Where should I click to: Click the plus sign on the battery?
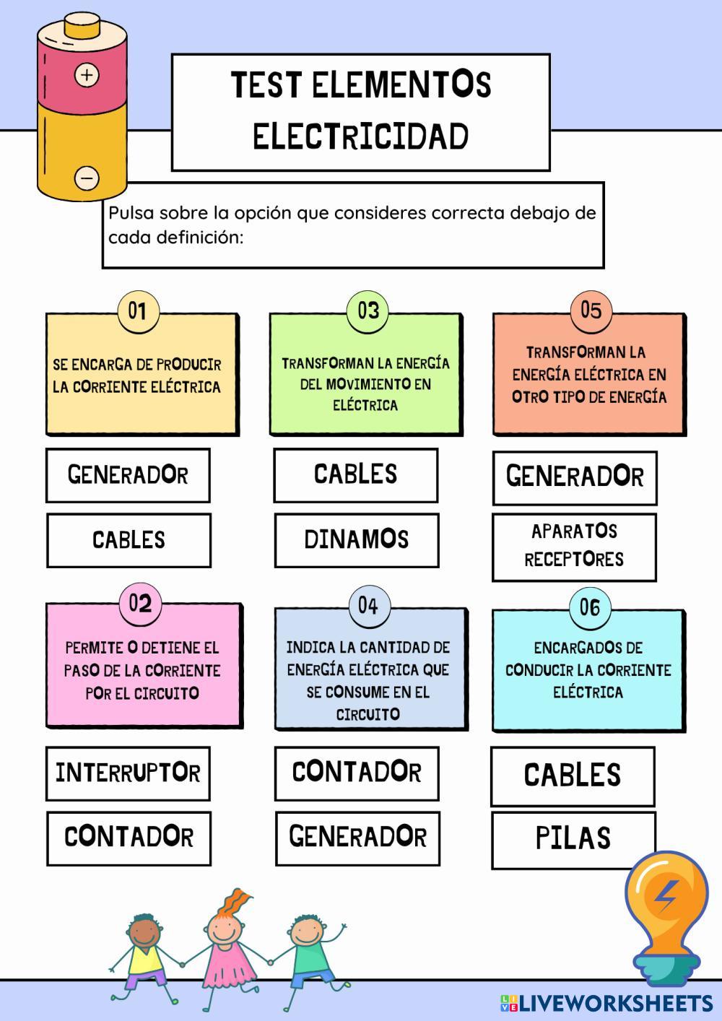[87, 74]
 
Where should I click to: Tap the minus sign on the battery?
[87, 177]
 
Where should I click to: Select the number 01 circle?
[137, 311]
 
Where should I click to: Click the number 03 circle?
[367, 310]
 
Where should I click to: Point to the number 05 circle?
[591, 310]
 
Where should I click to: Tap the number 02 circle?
[140, 603]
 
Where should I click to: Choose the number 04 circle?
[368, 605]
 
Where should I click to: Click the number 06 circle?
[590, 607]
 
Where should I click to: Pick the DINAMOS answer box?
[357, 540]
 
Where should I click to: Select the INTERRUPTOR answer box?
[128, 773]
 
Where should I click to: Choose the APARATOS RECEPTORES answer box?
[574, 547]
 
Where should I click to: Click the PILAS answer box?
[573, 839]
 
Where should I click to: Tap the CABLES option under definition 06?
[573, 775]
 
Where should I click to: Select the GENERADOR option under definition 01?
[128, 475]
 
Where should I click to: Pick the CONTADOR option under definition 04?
[357, 773]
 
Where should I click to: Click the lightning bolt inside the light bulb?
[665, 896]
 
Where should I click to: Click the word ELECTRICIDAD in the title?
[361, 136]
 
